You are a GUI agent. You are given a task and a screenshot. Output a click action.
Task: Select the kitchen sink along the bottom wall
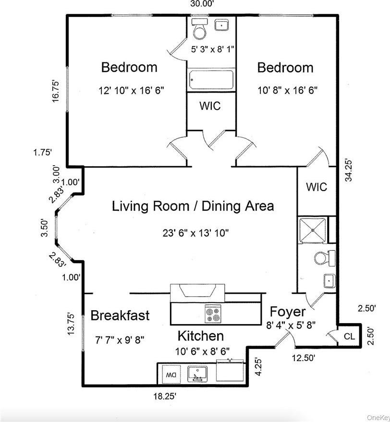tap(197, 373)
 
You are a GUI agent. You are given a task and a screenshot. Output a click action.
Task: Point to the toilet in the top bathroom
tap(198, 31)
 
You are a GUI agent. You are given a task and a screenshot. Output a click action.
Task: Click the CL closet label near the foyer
tap(349, 337)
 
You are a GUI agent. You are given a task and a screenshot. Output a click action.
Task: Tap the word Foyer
tap(287, 311)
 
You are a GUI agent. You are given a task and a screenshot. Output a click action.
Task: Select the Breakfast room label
tap(120, 315)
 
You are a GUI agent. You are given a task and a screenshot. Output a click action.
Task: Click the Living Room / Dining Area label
tap(193, 206)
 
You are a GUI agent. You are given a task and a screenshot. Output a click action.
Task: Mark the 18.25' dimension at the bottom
tap(165, 396)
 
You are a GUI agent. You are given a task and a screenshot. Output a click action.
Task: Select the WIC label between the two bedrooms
tap(210, 105)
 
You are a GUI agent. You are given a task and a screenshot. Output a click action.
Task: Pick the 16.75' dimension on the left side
tap(56, 90)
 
